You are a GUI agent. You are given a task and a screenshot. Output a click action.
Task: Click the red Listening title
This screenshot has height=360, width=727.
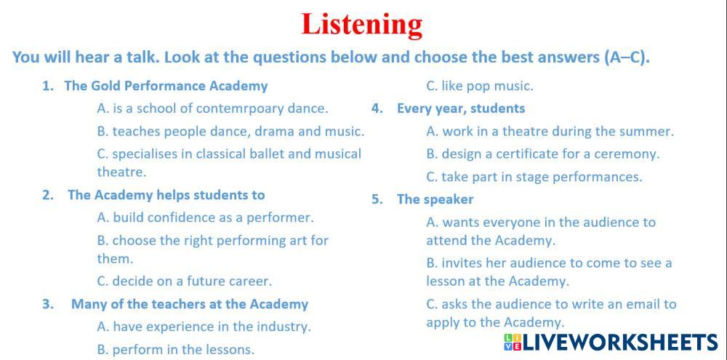pyautogui.click(x=361, y=25)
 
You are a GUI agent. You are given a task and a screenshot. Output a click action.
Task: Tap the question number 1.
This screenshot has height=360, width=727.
pyautogui.click(x=47, y=87)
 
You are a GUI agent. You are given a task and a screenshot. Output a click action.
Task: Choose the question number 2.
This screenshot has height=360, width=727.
pyautogui.click(x=47, y=195)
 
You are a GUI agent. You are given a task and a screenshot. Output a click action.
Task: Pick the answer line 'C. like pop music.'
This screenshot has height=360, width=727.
pyautogui.click(x=480, y=87)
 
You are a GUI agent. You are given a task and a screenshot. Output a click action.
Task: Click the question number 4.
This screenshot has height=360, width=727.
pyautogui.click(x=376, y=108)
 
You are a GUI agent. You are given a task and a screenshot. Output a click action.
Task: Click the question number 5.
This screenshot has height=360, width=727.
pyautogui.click(x=377, y=199)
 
